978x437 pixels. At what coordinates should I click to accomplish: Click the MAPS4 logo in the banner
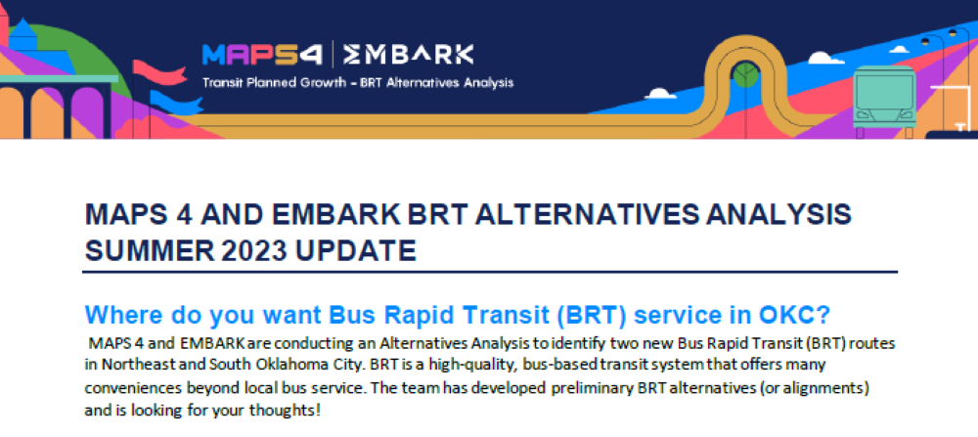262,54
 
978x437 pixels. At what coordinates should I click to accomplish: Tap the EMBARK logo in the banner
409,54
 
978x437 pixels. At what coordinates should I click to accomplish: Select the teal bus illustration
884,101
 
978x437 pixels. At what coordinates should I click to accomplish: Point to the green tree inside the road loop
745,75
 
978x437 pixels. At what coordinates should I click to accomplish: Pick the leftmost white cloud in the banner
660,94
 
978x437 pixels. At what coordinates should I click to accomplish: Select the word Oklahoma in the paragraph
230,363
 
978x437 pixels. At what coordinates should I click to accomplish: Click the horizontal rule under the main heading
490,272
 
